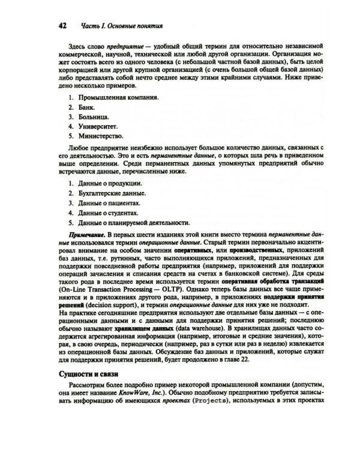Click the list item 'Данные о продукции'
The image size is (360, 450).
coord(110,182)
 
